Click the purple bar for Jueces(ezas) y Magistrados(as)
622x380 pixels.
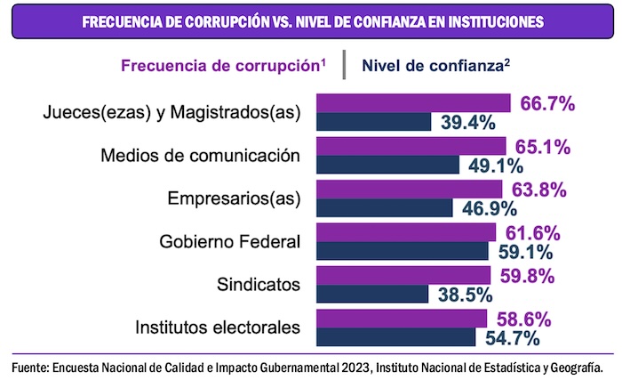coord(413,103)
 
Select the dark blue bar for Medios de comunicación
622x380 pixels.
coord(387,165)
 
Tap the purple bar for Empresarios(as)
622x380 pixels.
coord(409,189)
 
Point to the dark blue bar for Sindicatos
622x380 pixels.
coord(372,295)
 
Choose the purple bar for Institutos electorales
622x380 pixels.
coord(402,319)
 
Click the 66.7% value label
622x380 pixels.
coord(548,104)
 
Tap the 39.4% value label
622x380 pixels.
coord(468,123)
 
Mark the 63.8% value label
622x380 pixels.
coord(537,190)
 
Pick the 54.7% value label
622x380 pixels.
coord(515,337)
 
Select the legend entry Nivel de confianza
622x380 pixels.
coord(435,65)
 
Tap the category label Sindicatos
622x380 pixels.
coord(259,285)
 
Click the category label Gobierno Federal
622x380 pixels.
coord(230,242)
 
